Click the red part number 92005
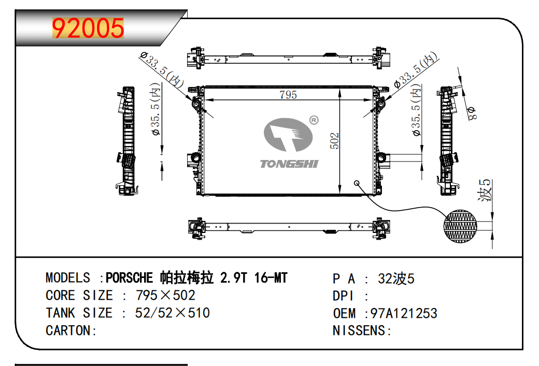[x=88, y=28]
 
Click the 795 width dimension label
[x=288, y=94]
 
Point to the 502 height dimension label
[x=334, y=141]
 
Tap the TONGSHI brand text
[x=289, y=164]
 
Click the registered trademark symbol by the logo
[x=314, y=120]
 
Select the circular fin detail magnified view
[x=460, y=226]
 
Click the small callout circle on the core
[x=357, y=183]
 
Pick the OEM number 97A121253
[x=404, y=313]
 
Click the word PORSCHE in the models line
[x=129, y=278]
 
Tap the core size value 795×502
[x=165, y=295]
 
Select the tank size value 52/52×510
[x=172, y=313]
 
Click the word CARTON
[x=68, y=330]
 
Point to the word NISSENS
[x=359, y=330]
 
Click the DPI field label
[x=343, y=296]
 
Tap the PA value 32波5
[x=396, y=279]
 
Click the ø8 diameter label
[x=472, y=113]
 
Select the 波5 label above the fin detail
[x=485, y=190]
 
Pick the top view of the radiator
[x=289, y=58]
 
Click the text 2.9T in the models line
[x=233, y=278]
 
